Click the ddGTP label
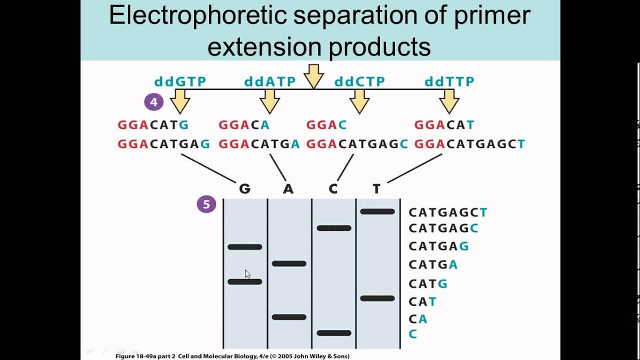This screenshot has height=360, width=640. (180, 81)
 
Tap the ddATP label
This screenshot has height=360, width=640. (270, 81)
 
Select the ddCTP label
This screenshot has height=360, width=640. (359, 81)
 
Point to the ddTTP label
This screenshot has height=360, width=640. (449, 81)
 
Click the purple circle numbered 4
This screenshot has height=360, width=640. (153, 102)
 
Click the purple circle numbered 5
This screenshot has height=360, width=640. (206, 204)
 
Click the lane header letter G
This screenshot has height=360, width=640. (244, 189)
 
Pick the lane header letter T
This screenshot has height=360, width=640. (376, 189)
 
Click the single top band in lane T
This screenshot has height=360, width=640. (377, 212)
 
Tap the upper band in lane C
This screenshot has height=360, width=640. (334, 228)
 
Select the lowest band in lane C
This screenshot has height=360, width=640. (334, 333)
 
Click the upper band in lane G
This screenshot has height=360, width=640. (245, 247)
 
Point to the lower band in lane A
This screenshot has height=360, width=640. (289, 317)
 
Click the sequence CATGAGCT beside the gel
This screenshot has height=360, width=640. (448, 212)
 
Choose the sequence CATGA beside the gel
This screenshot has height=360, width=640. (433, 264)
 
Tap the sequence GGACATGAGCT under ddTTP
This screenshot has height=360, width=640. (469, 144)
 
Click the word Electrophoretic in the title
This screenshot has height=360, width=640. (197, 16)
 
